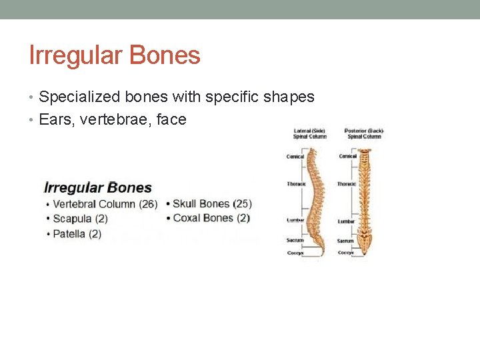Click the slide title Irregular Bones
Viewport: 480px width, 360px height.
pyautogui.click(x=115, y=55)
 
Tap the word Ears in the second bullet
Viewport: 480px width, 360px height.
pyautogui.click(x=56, y=120)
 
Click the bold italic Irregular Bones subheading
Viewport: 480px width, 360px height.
pyautogui.click(x=98, y=188)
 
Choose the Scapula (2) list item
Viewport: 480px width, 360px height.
pyautogui.click(x=80, y=219)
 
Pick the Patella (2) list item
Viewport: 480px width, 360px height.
pyautogui.click(x=77, y=234)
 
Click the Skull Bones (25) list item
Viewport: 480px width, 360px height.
pyautogui.click(x=212, y=203)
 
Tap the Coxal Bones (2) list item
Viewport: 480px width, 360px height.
pyautogui.click(x=211, y=218)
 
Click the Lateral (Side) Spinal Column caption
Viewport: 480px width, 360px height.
pyautogui.click(x=310, y=133)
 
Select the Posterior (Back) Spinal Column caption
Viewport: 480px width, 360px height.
pyautogui.click(x=363, y=133)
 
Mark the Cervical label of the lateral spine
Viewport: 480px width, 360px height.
pyautogui.click(x=295, y=157)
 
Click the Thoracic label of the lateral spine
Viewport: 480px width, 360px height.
pyautogui.click(x=296, y=184)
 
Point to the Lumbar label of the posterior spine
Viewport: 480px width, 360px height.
pyautogui.click(x=346, y=221)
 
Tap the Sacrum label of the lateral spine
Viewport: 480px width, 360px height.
pyautogui.click(x=295, y=240)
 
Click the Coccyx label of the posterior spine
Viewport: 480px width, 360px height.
pyautogui.click(x=346, y=253)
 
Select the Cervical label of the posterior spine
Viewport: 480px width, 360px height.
pyautogui.click(x=347, y=156)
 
